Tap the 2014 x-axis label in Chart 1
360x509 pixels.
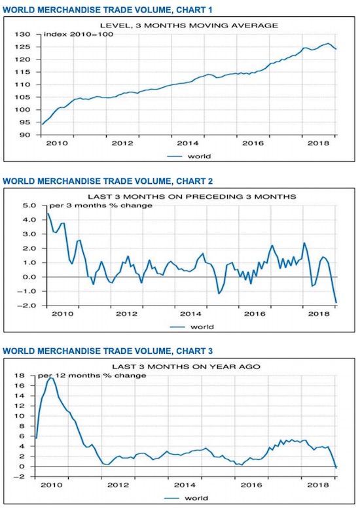pyautogui.click(x=187, y=143)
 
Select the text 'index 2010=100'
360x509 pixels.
pyautogui.click(x=79, y=34)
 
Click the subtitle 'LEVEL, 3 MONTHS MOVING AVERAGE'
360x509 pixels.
pyautogui.click(x=189, y=26)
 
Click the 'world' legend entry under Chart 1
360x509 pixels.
pyautogui.click(x=199, y=156)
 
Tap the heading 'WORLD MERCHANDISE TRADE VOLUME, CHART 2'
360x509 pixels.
pyautogui.click(x=107, y=181)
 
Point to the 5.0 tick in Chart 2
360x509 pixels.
pyautogui.click(x=29, y=205)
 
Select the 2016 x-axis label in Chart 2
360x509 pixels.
pyautogui.click(x=255, y=314)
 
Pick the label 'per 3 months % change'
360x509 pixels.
pyautogui.click(x=101, y=205)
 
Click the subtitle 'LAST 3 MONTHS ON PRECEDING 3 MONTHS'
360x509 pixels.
pyautogui.click(x=192, y=197)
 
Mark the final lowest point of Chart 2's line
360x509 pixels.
pyautogui.click(x=336, y=303)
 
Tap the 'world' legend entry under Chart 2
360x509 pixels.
pyautogui.click(x=202, y=327)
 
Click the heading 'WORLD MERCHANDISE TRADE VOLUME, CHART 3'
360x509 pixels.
pyautogui.click(x=107, y=351)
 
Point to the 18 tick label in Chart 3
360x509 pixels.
pyautogui.click(x=20, y=376)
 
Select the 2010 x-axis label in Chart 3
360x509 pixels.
pyautogui.click(x=51, y=485)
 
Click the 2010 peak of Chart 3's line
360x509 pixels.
pyautogui.click(x=50, y=378)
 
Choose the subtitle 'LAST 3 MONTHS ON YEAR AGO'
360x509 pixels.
pyautogui.click(x=186, y=367)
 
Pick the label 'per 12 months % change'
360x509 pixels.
pyautogui.click(x=92, y=376)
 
